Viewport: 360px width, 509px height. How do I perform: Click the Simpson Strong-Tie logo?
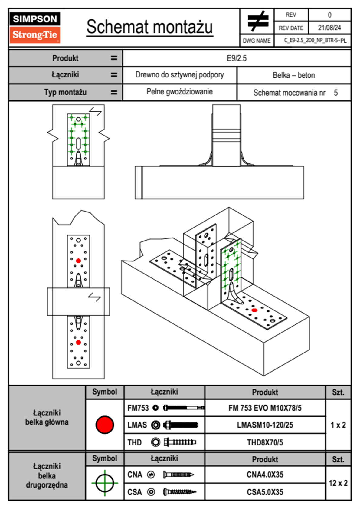[x=34, y=27]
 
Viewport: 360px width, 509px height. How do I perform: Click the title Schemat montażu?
[x=150, y=27]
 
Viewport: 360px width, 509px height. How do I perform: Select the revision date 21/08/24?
[x=329, y=28]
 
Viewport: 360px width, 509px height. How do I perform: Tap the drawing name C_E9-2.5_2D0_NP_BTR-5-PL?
[x=315, y=41]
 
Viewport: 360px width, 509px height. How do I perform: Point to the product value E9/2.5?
[x=237, y=58]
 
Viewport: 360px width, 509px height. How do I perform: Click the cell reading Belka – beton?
[x=294, y=75]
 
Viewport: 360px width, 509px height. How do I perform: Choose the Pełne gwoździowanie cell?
[x=179, y=92]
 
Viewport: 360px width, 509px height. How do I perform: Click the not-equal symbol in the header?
[x=257, y=21]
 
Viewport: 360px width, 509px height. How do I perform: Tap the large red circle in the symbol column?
[x=105, y=425]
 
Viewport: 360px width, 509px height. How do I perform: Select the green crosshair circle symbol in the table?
[x=105, y=483]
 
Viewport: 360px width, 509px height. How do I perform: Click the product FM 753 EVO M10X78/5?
[x=265, y=408]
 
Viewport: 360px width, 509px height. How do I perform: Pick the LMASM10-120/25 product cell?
[x=265, y=425]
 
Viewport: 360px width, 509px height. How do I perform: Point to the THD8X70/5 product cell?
[x=265, y=442]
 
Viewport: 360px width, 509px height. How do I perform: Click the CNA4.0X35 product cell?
[x=265, y=475]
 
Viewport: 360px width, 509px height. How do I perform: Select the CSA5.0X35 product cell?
[x=265, y=492]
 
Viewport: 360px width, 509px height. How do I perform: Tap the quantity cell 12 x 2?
[x=338, y=483]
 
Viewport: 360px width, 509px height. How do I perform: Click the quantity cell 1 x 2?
[x=338, y=425]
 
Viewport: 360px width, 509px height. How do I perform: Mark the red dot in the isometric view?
[x=254, y=310]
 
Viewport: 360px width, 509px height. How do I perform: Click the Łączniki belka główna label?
[x=47, y=418]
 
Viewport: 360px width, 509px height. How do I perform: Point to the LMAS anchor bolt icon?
[x=181, y=425]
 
